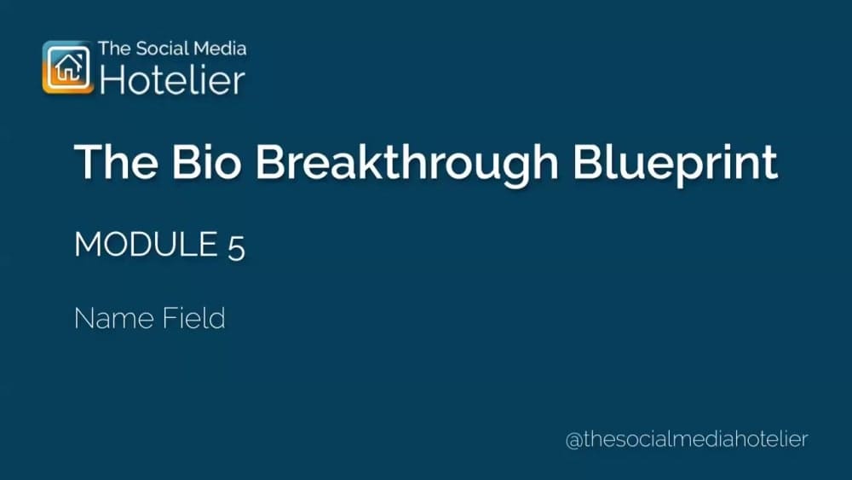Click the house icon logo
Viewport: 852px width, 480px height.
point(67,67)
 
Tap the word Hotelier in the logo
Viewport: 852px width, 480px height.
point(172,79)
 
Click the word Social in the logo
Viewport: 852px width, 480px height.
point(164,49)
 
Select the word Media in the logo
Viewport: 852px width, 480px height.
point(222,49)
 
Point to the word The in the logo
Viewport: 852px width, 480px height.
point(114,49)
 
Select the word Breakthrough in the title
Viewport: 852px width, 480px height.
point(409,162)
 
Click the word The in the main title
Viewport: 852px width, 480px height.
point(112,162)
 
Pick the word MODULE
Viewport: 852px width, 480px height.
point(146,245)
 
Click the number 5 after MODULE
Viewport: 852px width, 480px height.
point(236,246)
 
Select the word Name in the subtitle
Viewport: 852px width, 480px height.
point(113,318)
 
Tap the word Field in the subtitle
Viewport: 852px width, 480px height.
point(193,318)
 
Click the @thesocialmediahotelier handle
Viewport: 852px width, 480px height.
point(686,439)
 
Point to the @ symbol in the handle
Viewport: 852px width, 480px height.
point(573,440)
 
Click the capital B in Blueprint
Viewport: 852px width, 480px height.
point(587,162)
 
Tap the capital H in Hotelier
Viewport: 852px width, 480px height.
point(112,79)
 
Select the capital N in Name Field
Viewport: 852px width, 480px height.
point(83,318)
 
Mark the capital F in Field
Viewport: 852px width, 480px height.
point(170,318)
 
